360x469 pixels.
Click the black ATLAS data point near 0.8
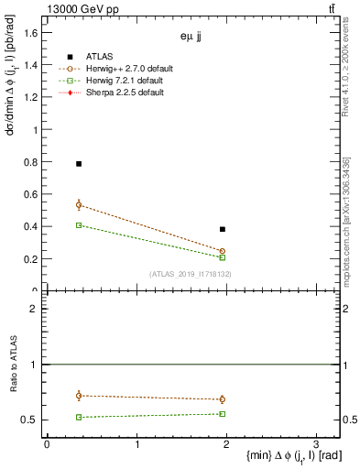pyautogui.click(x=79, y=164)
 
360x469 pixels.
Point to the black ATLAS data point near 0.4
pyautogui.click(x=223, y=229)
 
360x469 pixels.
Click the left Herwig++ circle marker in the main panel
pyautogui.click(x=79, y=205)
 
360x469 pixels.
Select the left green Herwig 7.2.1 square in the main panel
pyautogui.click(x=79, y=224)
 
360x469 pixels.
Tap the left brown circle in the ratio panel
pyautogui.click(x=79, y=396)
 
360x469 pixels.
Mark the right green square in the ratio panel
pyautogui.click(x=223, y=414)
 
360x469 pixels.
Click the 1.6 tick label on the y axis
pyautogui.click(x=31, y=33)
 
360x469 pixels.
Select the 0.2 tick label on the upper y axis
pyautogui.click(x=31, y=258)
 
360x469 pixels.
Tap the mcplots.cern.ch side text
pyautogui.click(x=347, y=229)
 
